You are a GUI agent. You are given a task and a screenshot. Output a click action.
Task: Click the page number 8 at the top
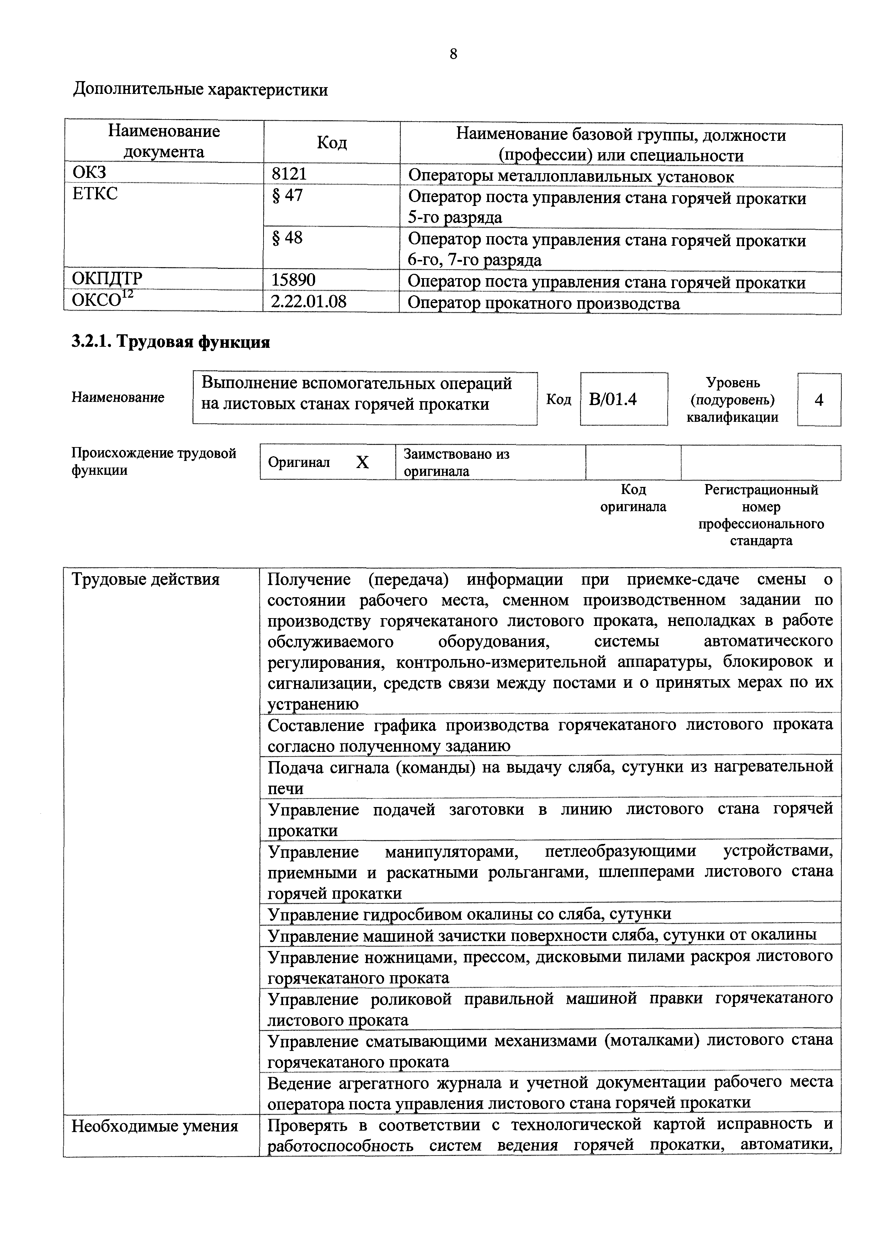(453, 54)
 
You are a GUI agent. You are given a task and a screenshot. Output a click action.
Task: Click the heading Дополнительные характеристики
(201, 90)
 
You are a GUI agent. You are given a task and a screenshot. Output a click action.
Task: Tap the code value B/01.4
(613, 399)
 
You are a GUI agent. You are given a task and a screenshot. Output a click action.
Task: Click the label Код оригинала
(633, 498)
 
